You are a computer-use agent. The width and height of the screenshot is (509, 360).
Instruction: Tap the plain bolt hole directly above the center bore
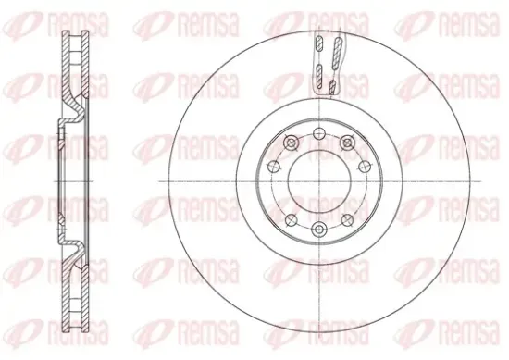[320, 132]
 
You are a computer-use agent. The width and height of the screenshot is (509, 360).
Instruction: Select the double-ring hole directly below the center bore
[319, 230]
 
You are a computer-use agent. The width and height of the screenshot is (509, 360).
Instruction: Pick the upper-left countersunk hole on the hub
[291, 143]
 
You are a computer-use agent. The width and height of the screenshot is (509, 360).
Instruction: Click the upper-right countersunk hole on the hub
[348, 143]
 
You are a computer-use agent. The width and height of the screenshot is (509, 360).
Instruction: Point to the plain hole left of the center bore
[274, 167]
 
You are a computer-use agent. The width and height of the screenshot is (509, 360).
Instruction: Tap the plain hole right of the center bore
[365, 167]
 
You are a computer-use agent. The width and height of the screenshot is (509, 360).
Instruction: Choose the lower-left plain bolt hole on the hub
[292, 220]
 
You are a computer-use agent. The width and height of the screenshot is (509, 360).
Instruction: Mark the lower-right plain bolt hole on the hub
[348, 220]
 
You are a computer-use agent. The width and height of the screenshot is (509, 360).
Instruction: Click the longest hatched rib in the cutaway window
[338, 54]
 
